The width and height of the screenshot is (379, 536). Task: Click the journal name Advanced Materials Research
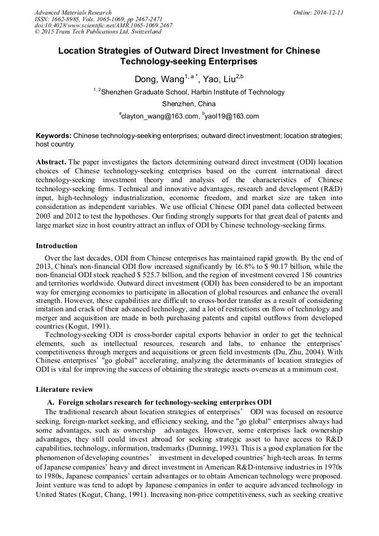(73, 12)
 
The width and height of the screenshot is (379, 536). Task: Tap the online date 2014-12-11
(328, 12)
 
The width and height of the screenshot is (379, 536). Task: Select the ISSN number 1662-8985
(70, 19)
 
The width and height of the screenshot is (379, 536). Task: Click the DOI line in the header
(103, 26)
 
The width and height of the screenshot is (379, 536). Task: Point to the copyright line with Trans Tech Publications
(98, 32)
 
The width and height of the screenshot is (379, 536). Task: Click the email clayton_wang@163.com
(159, 116)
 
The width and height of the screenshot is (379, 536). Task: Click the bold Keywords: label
(54, 136)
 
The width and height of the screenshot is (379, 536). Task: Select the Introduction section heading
(56, 246)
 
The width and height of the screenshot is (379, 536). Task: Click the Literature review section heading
(64, 389)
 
